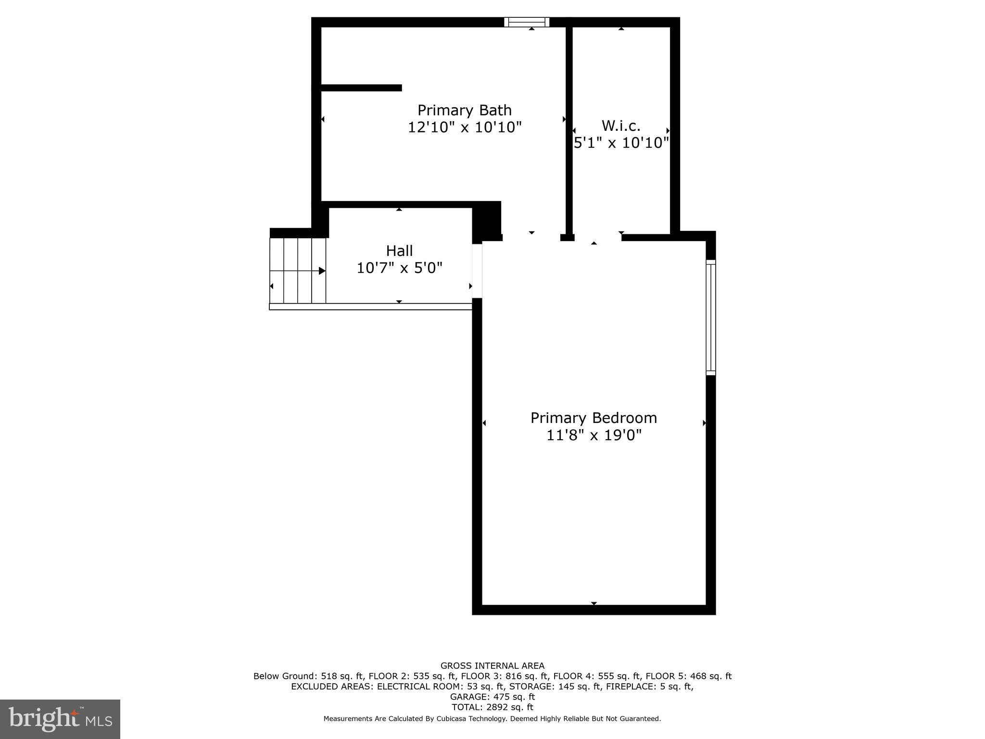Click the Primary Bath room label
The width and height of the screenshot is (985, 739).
[464, 110]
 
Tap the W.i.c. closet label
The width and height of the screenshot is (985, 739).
[621, 126]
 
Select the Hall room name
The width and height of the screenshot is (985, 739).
[399, 251]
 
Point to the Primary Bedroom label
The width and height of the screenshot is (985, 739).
[594, 418]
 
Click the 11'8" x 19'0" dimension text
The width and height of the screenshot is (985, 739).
[594, 435]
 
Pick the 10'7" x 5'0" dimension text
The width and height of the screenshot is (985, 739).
[399, 268]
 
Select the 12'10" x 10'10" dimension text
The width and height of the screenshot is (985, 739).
[464, 127]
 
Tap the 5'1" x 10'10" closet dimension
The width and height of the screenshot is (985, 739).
[621, 143]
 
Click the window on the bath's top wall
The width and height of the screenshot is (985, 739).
[527, 22]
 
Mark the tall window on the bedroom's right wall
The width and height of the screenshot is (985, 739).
[710, 317]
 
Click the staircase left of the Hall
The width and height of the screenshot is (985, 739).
[298, 270]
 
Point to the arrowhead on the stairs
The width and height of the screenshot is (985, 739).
[322, 271]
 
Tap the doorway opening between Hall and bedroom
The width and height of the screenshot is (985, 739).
[477, 271]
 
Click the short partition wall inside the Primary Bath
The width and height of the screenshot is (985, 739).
[361, 88]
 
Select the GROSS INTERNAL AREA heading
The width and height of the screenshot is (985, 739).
[492, 666]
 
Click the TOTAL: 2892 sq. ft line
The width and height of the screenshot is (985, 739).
[492, 707]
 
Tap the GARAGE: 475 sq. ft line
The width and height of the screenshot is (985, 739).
[492, 697]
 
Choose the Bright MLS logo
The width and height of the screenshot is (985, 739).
[60, 719]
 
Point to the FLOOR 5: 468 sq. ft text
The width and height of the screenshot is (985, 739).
[688, 676]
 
